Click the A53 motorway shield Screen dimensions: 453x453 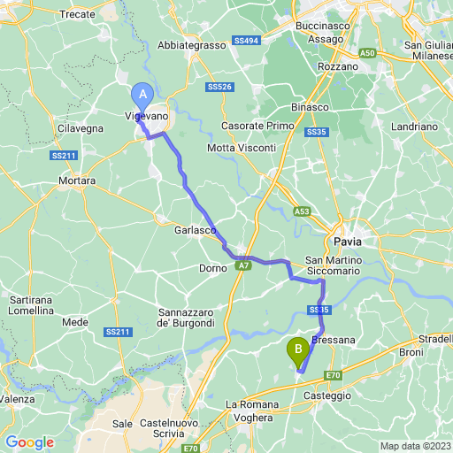303,211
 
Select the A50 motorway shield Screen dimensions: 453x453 367,54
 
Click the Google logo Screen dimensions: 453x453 30,441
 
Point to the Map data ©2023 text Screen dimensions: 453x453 415,445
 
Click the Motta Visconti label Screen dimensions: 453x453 241,147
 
